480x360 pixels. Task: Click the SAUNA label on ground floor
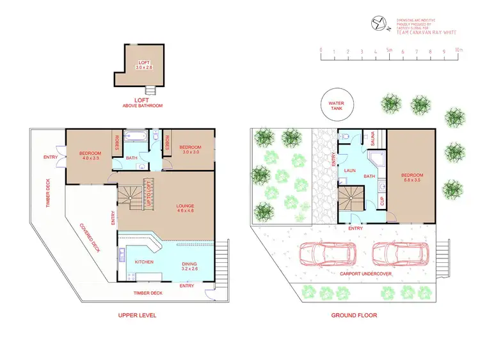point(369,137)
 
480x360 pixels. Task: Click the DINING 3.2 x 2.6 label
point(189,267)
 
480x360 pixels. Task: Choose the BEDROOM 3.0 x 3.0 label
point(192,149)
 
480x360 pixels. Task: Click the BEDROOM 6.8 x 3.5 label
point(412,178)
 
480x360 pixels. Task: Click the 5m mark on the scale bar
point(389,49)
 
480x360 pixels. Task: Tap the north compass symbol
point(379,24)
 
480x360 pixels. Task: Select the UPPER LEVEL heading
point(137,315)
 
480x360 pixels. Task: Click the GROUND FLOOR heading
point(354,315)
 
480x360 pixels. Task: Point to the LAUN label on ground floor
point(349,171)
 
